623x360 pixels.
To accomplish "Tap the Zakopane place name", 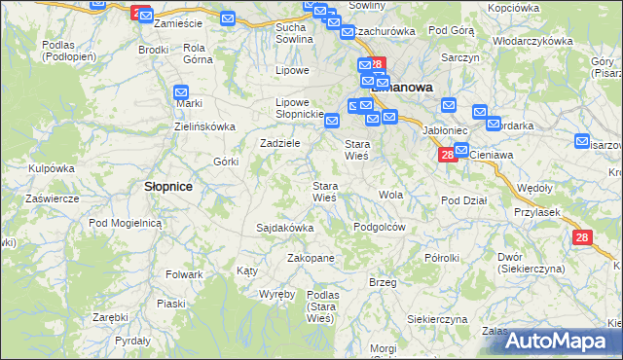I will coord(311,259).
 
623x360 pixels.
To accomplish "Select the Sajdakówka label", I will coord(284,228).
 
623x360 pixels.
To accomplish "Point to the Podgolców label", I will coord(379,226).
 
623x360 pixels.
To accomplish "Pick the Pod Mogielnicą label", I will coord(124,223).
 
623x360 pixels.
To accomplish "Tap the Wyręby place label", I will coord(277,293).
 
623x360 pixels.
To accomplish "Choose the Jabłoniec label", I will coord(446,127).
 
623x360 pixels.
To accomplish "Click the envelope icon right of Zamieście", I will coord(227,18).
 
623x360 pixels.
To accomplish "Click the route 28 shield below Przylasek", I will coord(582,237).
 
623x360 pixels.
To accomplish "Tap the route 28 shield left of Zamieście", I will coord(138,12).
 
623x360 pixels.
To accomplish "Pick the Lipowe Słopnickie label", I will coord(299,108).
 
